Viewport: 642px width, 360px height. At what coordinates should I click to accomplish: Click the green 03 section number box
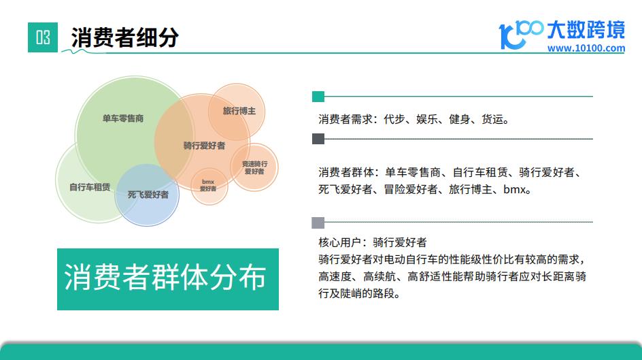tap(43, 37)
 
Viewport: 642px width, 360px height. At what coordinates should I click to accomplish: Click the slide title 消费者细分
tap(125, 37)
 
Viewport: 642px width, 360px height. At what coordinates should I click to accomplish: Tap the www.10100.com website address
tap(586, 48)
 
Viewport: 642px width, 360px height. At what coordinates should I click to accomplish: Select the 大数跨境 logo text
tap(586, 30)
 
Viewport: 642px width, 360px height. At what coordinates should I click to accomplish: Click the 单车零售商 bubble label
tap(123, 119)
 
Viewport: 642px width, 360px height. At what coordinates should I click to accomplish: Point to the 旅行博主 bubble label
tap(239, 111)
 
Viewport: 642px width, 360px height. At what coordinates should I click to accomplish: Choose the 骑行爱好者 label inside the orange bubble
tap(204, 146)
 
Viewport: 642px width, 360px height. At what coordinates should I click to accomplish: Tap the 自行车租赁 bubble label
tap(90, 187)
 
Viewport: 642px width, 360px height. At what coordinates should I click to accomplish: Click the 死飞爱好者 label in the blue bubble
tap(148, 195)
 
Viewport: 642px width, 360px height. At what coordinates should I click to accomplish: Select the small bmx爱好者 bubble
tap(209, 186)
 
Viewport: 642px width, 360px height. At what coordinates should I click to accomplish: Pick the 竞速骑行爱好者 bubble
tap(254, 167)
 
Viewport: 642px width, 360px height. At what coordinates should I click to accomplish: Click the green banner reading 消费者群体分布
tap(168, 279)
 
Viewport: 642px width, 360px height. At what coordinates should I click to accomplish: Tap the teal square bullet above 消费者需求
tap(318, 97)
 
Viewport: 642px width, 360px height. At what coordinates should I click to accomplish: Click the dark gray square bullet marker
tap(318, 139)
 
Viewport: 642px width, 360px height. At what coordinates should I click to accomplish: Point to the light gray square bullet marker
tap(318, 223)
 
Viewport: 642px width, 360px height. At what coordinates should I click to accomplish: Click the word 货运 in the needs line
tap(492, 119)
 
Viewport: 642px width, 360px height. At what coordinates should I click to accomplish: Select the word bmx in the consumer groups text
tap(514, 190)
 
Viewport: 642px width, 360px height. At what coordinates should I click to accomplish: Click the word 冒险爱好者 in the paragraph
tap(411, 190)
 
